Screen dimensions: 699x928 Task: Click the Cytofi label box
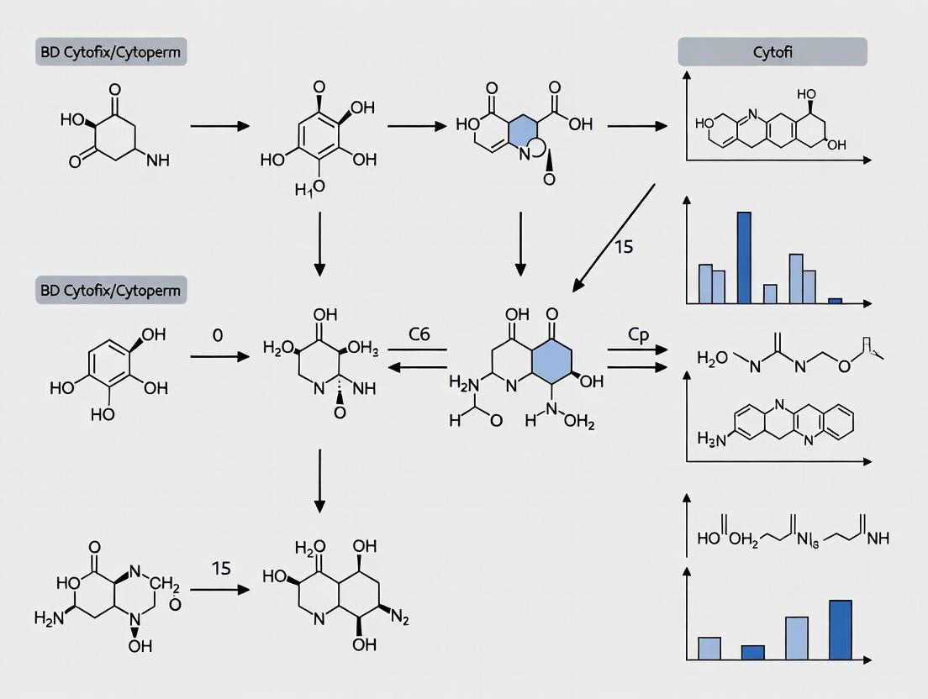(x=772, y=52)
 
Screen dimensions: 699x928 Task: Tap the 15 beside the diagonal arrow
(x=623, y=247)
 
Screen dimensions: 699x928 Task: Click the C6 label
(x=419, y=334)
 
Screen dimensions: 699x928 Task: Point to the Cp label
(x=639, y=334)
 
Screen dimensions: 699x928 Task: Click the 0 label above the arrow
(x=218, y=334)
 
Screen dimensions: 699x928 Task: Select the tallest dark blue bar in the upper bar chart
(x=744, y=257)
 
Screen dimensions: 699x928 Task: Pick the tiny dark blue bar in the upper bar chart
(x=834, y=300)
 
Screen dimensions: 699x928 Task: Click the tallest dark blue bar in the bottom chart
(x=840, y=629)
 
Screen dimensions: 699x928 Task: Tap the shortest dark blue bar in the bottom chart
(x=753, y=652)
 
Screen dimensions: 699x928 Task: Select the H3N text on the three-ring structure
(x=712, y=438)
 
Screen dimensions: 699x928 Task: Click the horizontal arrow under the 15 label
(x=220, y=590)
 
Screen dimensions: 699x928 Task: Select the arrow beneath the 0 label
(x=220, y=357)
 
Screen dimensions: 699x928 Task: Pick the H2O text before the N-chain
(x=712, y=358)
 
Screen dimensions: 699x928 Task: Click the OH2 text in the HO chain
(x=743, y=539)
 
